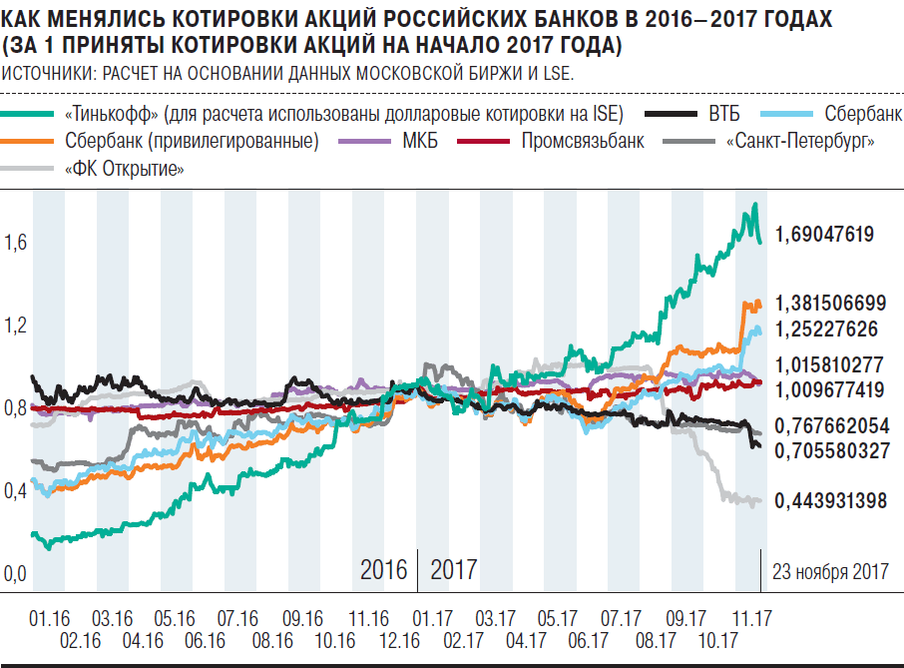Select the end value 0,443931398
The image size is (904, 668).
(x=831, y=501)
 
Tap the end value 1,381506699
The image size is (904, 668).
(x=831, y=304)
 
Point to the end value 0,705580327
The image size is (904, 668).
(x=831, y=451)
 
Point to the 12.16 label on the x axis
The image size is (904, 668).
(x=398, y=640)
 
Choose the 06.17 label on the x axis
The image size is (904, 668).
(x=590, y=640)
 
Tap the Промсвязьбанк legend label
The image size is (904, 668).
(x=583, y=141)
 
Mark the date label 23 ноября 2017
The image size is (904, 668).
(x=830, y=571)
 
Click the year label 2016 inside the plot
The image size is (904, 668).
(x=384, y=570)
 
